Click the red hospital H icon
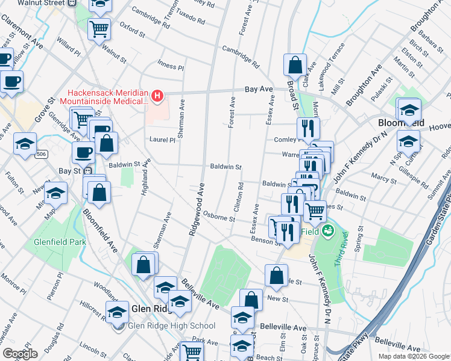[x=157, y=95]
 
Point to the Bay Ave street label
[x=259, y=89]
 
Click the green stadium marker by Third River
[x=329, y=230]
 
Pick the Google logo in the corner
[x=20, y=353]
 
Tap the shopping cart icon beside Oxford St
[x=99, y=28]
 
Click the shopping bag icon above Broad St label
[x=295, y=64]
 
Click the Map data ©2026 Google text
[x=413, y=356]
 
